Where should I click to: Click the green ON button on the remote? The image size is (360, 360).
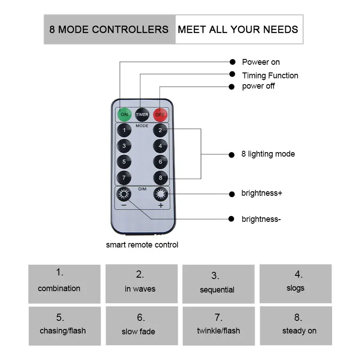click(x=124, y=114)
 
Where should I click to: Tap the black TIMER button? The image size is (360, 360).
click(x=142, y=114)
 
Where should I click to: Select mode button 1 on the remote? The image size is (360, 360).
click(x=124, y=130)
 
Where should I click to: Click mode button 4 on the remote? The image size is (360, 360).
click(x=160, y=146)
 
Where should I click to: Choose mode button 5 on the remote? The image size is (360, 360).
click(x=124, y=161)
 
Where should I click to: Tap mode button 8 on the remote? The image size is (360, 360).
click(x=160, y=177)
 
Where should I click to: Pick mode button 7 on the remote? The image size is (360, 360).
click(x=124, y=177)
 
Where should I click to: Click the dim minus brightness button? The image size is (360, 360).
click(x=124, y=194)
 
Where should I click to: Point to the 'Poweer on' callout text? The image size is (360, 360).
click(x=261, y=62)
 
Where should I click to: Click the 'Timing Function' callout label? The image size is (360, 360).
click(x=270, y=75)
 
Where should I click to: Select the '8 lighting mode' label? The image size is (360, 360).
click(x=268, y=154)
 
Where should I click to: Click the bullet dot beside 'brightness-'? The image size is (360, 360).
click(x=232, y=219)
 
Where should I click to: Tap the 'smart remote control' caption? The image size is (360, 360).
click(x=142, y=245)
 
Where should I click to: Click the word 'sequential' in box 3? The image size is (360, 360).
click(x=217, y=290)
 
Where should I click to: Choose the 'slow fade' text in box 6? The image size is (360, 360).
click(x=138, y=332)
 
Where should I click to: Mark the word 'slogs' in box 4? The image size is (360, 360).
click(x=295, y=288)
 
